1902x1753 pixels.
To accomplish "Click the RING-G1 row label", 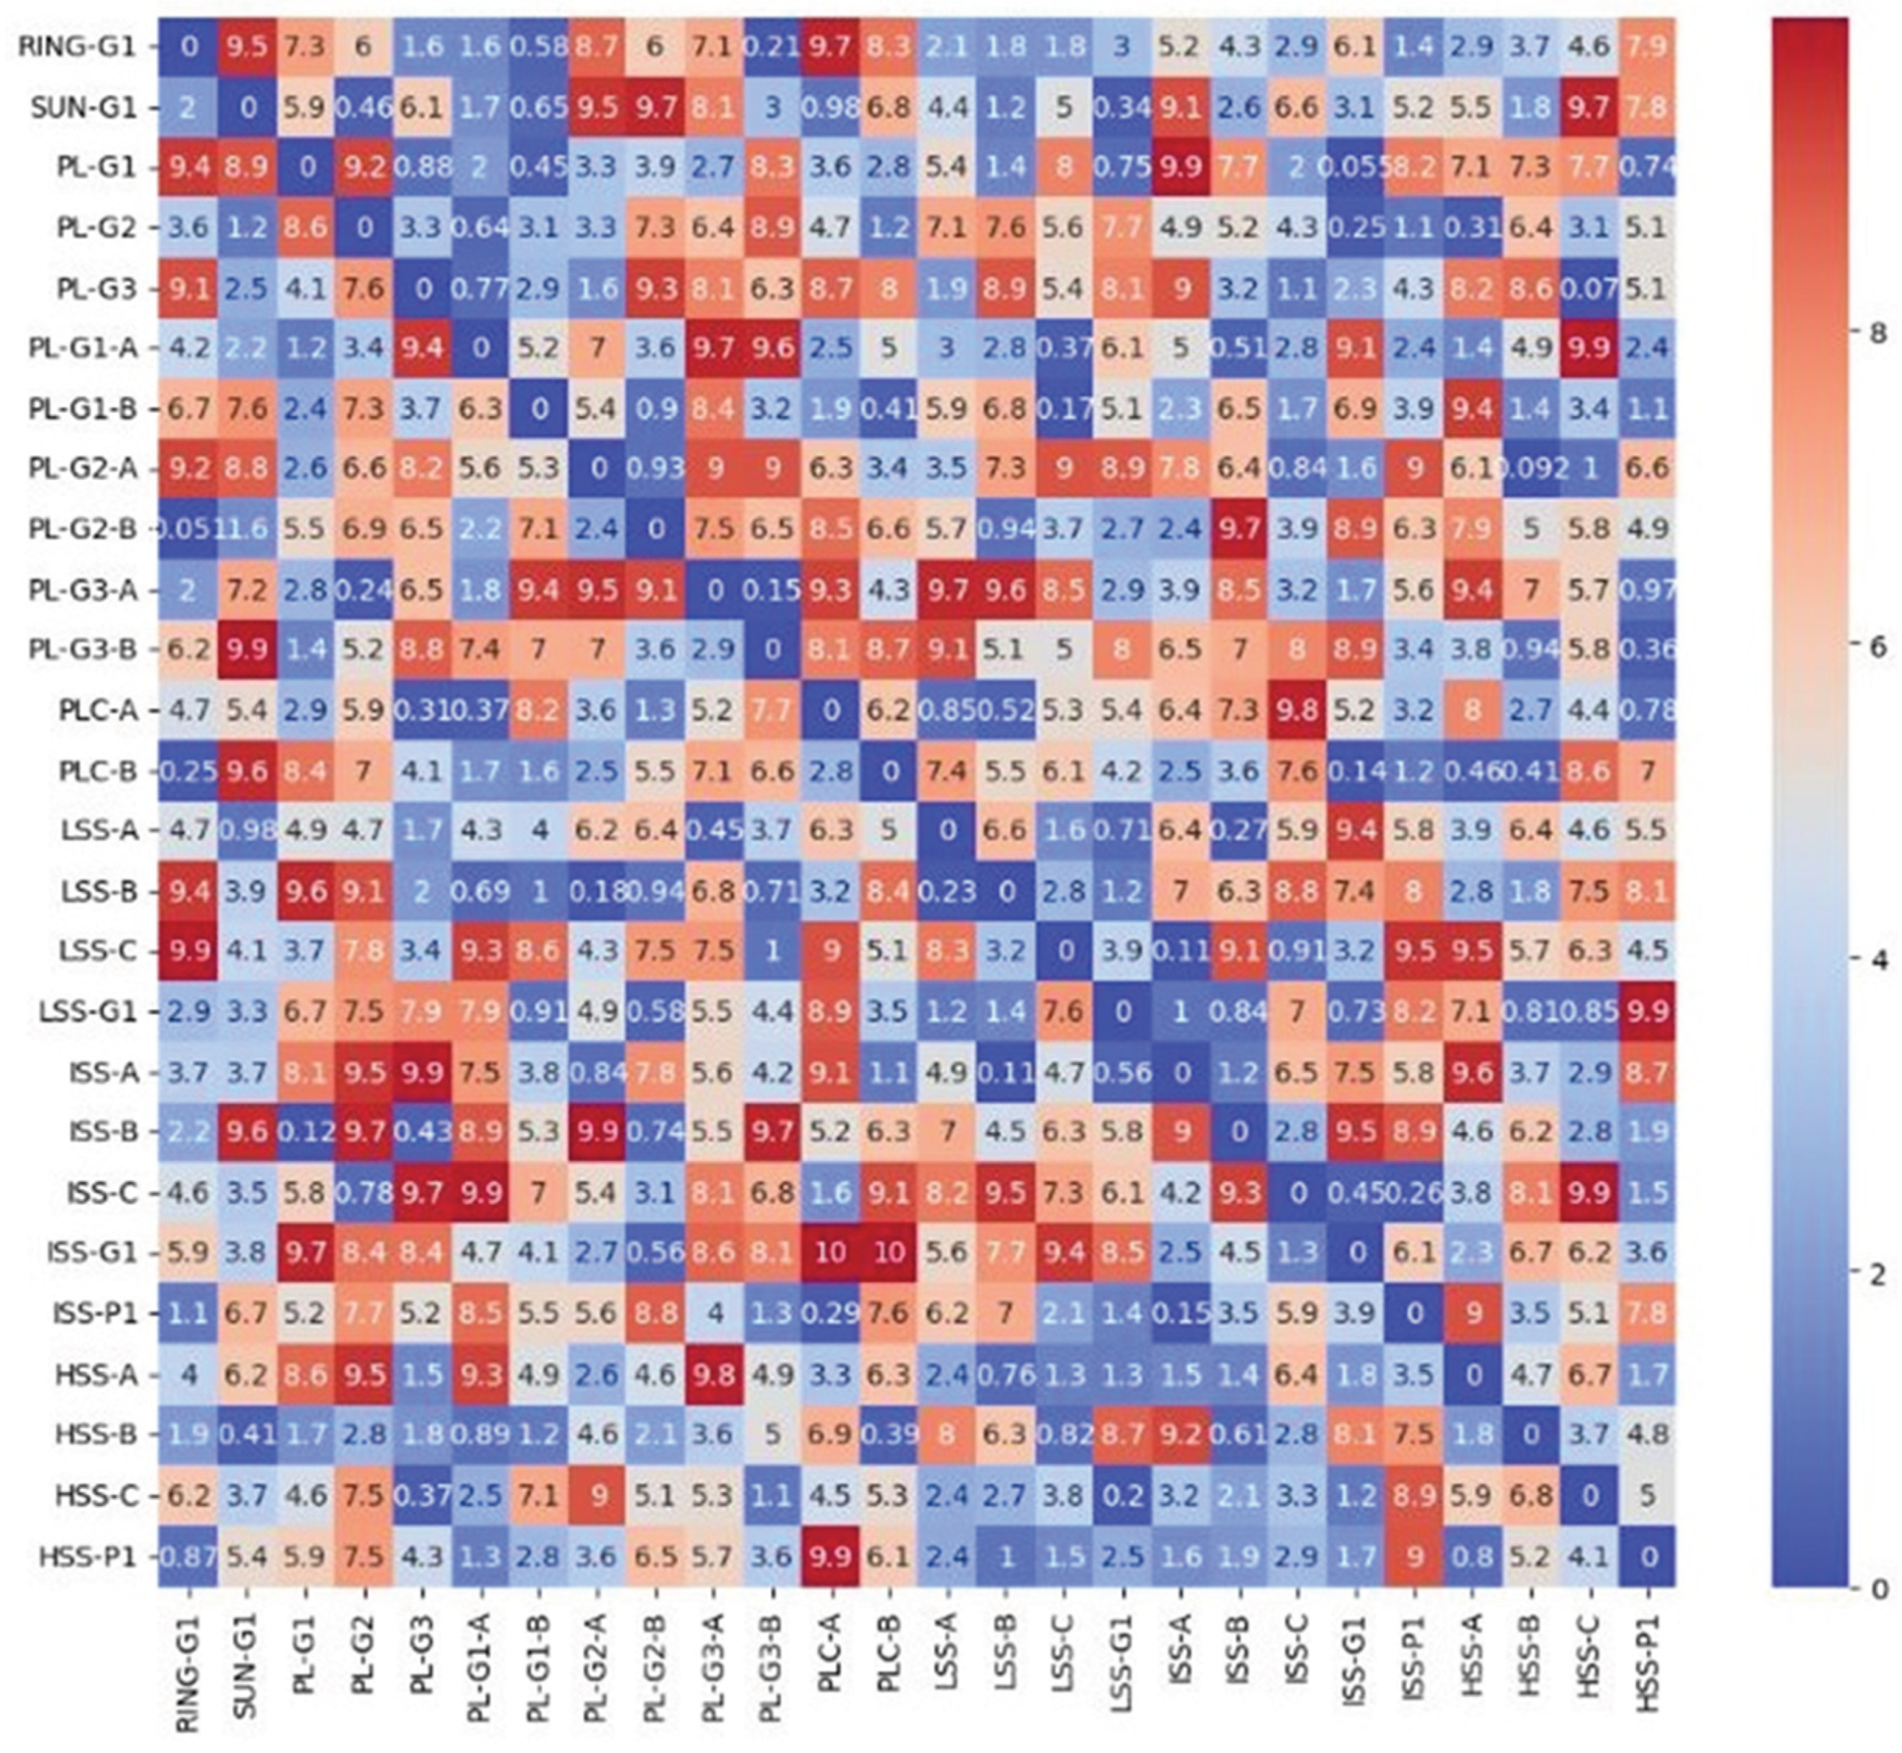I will tap(78, 46).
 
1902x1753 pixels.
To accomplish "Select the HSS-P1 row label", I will tap(86, 1557).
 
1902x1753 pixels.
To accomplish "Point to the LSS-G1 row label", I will tap(86, 1011).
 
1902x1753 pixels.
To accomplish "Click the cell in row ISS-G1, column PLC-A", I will tap(830, 1253).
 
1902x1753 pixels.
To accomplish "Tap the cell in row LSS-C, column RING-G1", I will tap(188, 950).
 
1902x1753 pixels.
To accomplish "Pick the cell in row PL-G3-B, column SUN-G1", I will tap(246, 650).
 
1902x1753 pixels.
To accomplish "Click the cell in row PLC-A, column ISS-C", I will tap(1297, 710).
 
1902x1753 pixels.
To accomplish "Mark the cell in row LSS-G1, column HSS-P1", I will tap(1648, 1011).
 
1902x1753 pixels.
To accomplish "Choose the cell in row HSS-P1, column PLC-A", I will tap(830, 1557).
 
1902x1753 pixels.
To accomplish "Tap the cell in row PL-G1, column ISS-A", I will tap(1180, 167).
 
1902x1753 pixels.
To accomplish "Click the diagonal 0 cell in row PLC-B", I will tap(889, 770).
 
